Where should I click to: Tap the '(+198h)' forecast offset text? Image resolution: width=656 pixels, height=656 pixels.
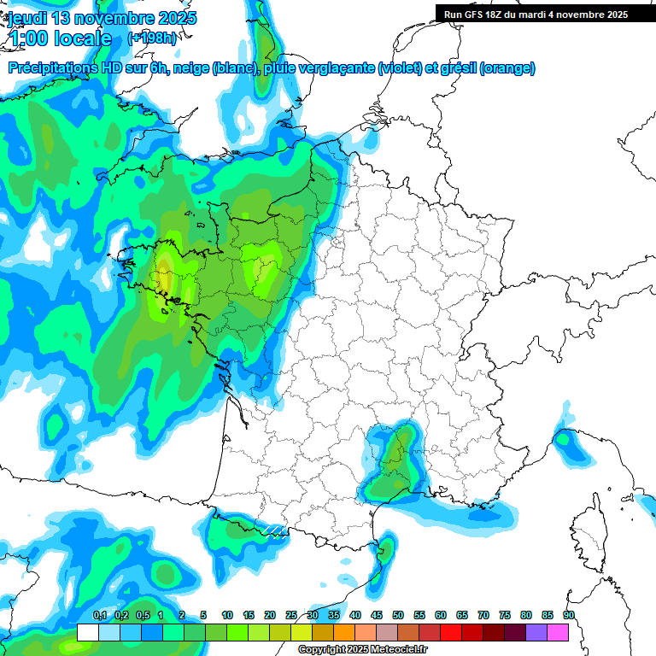[152, 38]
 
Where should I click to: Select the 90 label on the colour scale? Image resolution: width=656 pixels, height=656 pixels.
[569, 615]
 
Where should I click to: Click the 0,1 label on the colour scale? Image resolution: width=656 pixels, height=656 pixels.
[99, 615]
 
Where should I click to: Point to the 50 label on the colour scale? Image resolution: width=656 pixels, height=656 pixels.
[398, 615]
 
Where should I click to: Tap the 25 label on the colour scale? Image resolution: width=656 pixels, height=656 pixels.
[291, 615]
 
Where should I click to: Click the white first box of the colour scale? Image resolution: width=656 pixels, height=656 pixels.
[87, 632]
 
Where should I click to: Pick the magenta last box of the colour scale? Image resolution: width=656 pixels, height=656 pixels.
[558, 632]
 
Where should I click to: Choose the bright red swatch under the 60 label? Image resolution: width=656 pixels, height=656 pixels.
[451, 632]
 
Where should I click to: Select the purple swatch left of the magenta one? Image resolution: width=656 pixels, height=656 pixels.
[536, 632]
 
